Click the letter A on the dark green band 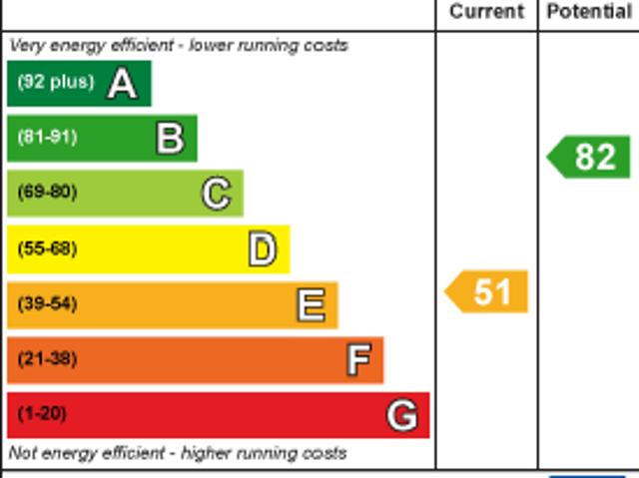coord(122,84)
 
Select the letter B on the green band coord(170,139)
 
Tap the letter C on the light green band coord(216,193)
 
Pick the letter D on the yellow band coord(262,249)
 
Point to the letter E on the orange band coord(311,304)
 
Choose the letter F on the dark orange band coord(357,359)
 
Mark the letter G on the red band coord(401,414)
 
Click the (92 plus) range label coord(55,83)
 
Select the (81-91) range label coord(47,138)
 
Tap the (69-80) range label coord(47,192)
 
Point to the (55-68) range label coord(47,248)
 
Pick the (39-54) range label coord(47,303)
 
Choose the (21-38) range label coord(47,358)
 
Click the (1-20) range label coord(42,413)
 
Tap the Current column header coord(486,12)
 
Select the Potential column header coord(589,12)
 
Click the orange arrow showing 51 coord(486,292)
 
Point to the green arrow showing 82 coord(589,157)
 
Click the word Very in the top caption coord(27,46)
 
